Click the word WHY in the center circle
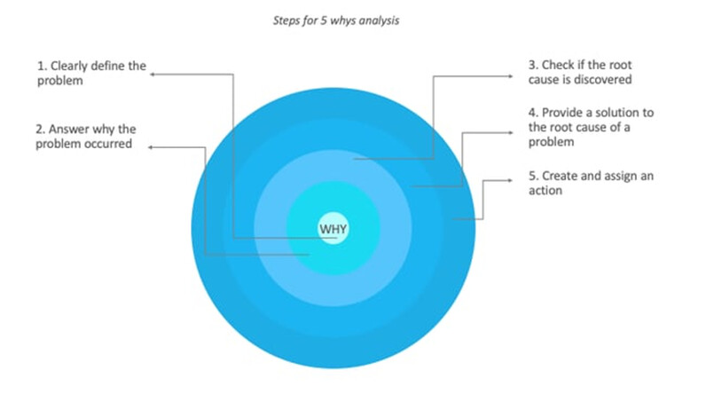pos(333,229)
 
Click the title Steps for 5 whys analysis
pos(336,20)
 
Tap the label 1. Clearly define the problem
pos(91,73)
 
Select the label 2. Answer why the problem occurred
pos(85,136)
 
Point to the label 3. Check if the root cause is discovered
pos(580,72)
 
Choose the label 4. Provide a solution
pos(591,127)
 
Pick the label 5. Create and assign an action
pos(591,183)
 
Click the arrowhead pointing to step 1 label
pos(153,75)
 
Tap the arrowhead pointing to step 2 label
pos(151,147)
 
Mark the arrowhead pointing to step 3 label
pos(510,76)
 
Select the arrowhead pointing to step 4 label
pos(510,132)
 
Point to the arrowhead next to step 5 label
pos(510,180)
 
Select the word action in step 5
pos(545,191)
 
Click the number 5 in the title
pos(323,20)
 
